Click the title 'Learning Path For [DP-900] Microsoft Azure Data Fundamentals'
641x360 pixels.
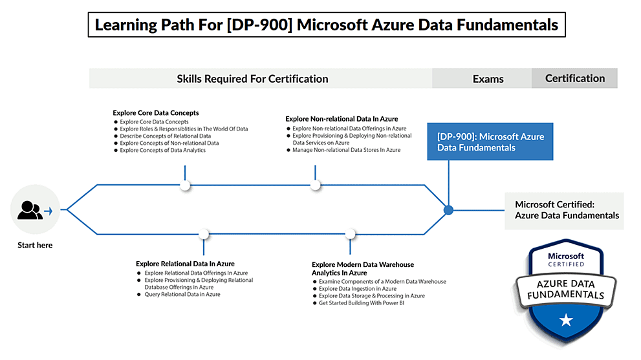[327, 25]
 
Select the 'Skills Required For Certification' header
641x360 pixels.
[252, 79]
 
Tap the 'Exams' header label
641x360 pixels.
[488, 79]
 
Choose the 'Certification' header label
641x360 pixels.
[574, 78]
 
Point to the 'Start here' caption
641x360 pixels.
[35, 245]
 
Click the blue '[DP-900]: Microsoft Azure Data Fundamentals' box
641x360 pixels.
[490, 142]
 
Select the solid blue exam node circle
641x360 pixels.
[448, 209]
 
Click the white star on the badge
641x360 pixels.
[566, 319]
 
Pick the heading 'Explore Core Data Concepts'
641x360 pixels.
[156, 112]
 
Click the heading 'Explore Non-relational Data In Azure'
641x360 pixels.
[342, 119]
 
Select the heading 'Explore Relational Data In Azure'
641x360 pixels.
[185, 264]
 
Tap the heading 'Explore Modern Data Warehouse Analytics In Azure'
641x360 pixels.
[362, 268]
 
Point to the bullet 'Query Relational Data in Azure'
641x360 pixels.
[182, 294]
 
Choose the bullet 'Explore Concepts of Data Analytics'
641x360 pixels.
[162, 151]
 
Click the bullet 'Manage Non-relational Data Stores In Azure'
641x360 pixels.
[346, 150]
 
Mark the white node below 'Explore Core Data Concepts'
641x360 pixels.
[185, 185]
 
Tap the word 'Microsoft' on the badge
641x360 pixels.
[566, 256]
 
